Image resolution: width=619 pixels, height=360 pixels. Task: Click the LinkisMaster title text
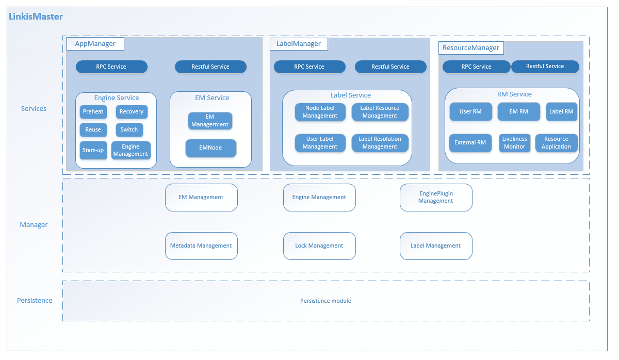tap(36, 17)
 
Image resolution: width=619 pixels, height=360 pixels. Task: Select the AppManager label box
tap(95, 44)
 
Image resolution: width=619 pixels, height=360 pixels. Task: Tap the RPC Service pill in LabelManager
tap(309, 67)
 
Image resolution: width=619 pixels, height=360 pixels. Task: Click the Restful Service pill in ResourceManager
tap(545, 67)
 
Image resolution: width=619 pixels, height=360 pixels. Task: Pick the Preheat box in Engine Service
tap(93, 112)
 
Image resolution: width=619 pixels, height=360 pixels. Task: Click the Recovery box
tap(132, 112)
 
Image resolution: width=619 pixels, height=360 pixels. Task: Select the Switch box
tap(129, 130)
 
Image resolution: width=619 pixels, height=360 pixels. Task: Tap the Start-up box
tap(93, 151)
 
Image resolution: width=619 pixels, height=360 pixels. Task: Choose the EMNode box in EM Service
tap(210, 148)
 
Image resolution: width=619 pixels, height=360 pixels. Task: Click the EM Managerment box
tap(209, 121)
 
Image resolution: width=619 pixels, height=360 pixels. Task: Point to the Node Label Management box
tap(320, 112)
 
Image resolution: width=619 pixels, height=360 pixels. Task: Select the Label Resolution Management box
tap(380, 143)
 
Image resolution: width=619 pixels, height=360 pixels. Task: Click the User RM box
tap(470, 111)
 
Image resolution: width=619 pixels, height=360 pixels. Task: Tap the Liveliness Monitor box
tap(514, 143)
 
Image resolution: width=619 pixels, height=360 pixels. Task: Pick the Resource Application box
tap(556, 143)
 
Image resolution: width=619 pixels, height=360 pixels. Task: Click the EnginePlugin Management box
tap(436, 198)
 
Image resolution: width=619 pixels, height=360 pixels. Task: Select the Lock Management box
tap(319, 246)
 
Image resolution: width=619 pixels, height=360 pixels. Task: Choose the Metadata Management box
tap(201, 246)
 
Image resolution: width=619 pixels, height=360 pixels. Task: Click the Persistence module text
tap(325, 301)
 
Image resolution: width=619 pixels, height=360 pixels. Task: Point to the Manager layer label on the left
tap(34, 225)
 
